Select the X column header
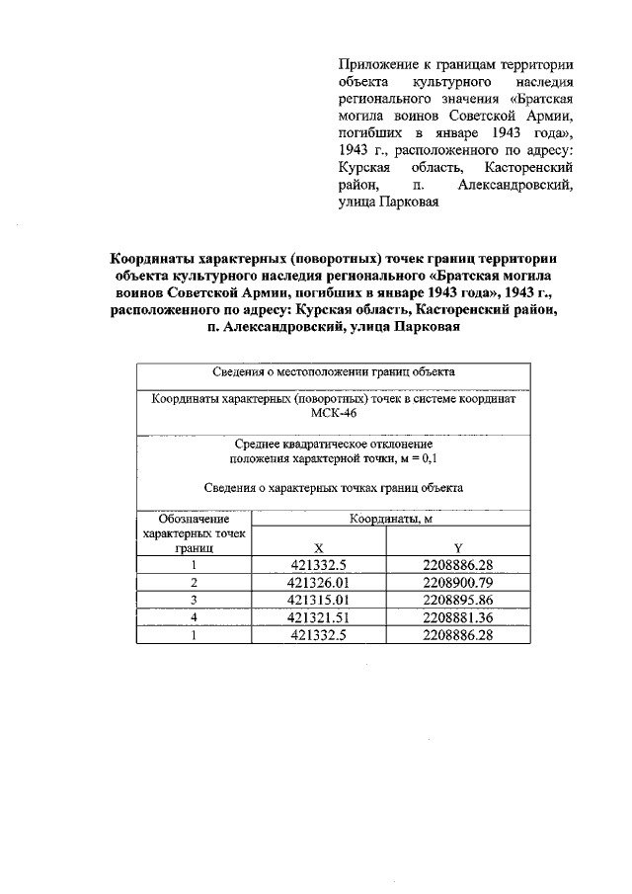(x=318, y=548)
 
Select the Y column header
(x=457, y=548)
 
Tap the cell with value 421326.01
(x=318, y=583)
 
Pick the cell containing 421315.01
(x=318, y=600)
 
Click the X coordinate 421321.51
(x=318, y=617)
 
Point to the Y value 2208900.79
(x=457, y=583)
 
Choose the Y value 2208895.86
(x=457, y=600)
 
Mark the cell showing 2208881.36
(x=457, y=617)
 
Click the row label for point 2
(x=195, y=583)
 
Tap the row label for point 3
(x=195, y=600)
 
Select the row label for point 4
(x=195, y=617)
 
